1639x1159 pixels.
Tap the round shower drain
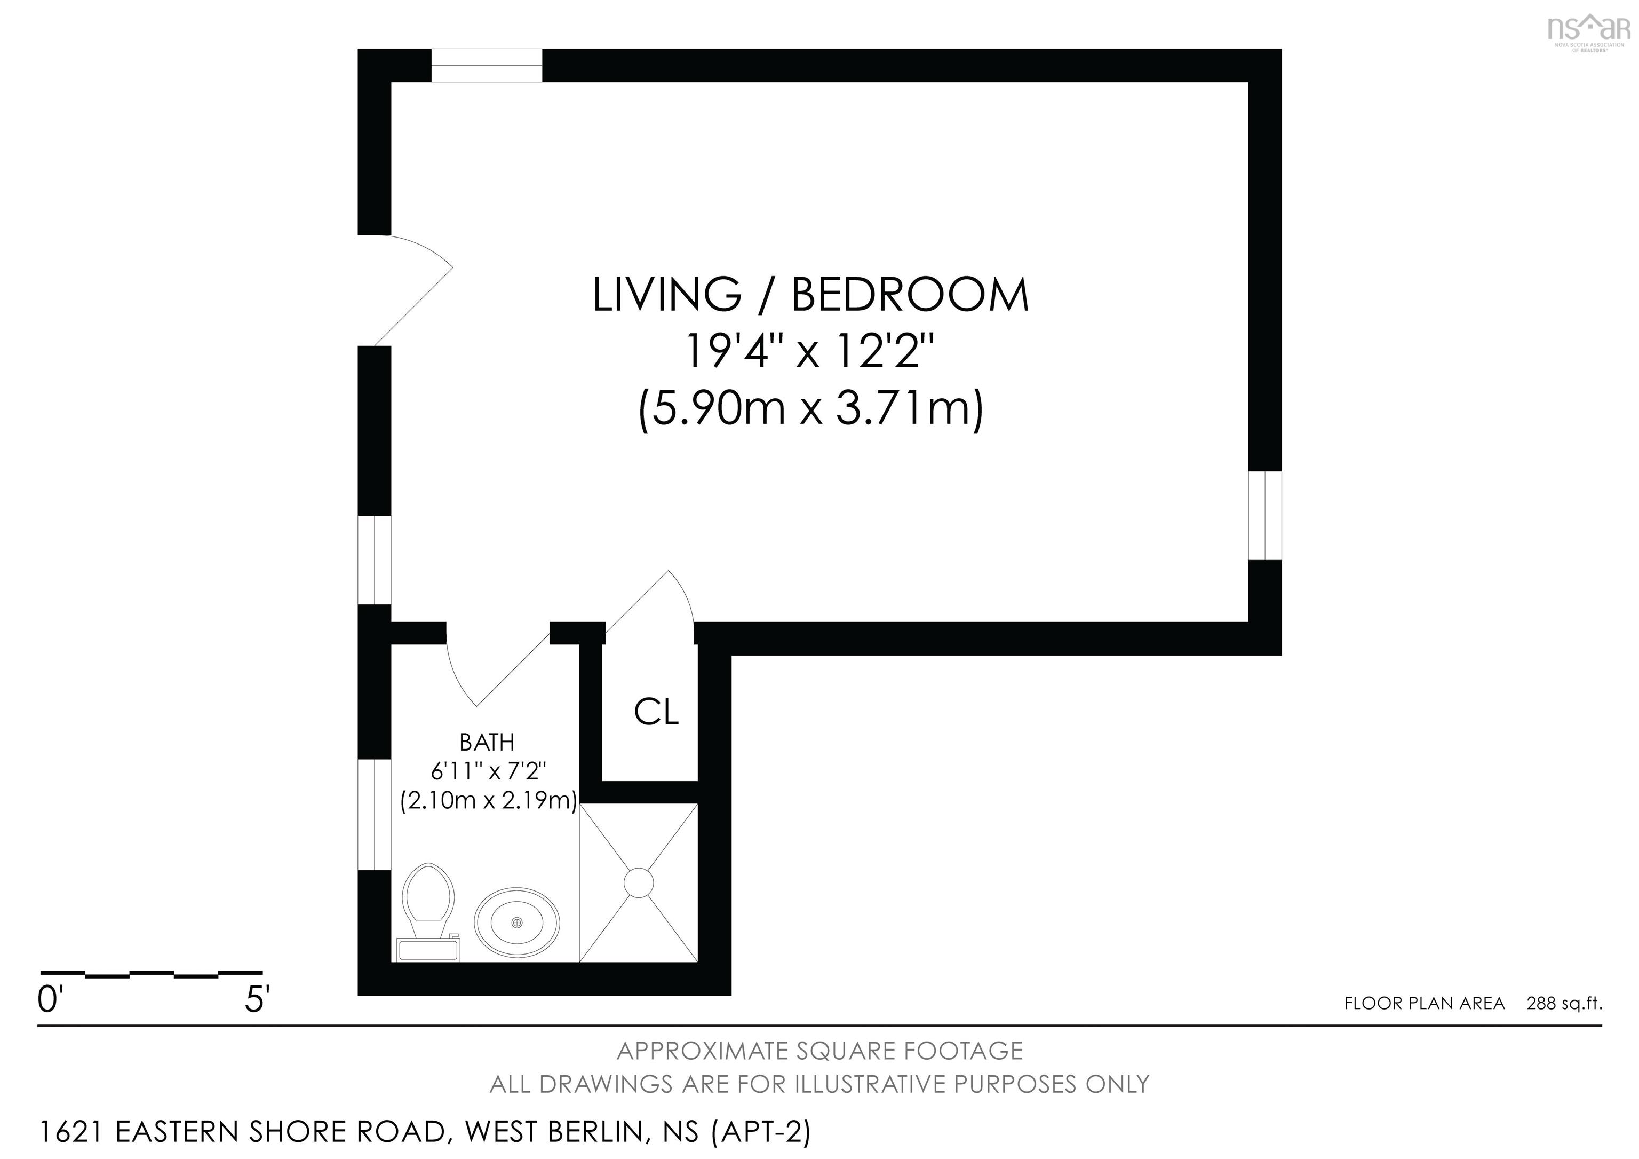[x=638, y=882]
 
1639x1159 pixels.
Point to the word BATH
[x=487, y=743]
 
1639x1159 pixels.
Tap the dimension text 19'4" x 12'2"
[x=809, y=351]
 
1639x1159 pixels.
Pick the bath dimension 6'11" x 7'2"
[x=488, y=771]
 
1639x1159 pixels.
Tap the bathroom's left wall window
[x=374, y=815]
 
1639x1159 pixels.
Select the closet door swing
[x=657, y=603]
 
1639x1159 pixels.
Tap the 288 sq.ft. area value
[x=1564, y=1003]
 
